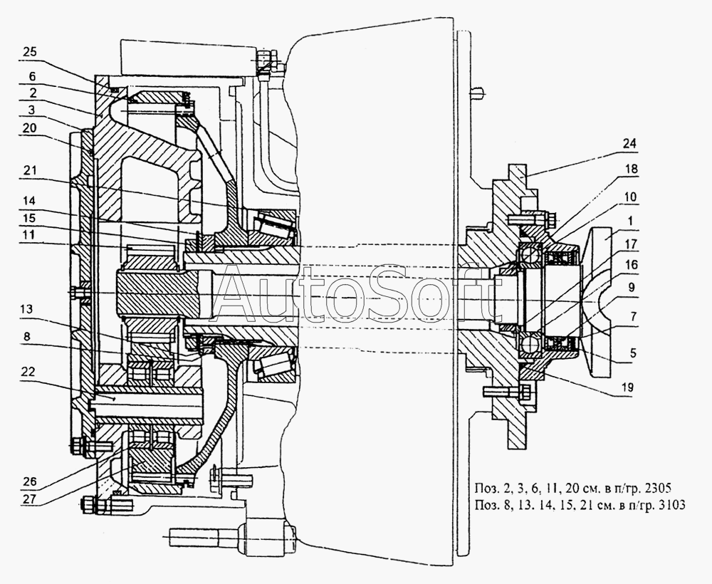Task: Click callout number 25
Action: (29, 52)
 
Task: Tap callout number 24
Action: (629, 144)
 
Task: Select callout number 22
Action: (28, 372)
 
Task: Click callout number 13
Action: (26, 309)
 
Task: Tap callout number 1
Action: (630, 221)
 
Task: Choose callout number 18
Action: (630, 169)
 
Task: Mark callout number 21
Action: (29, 170)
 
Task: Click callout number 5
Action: (632, 353)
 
